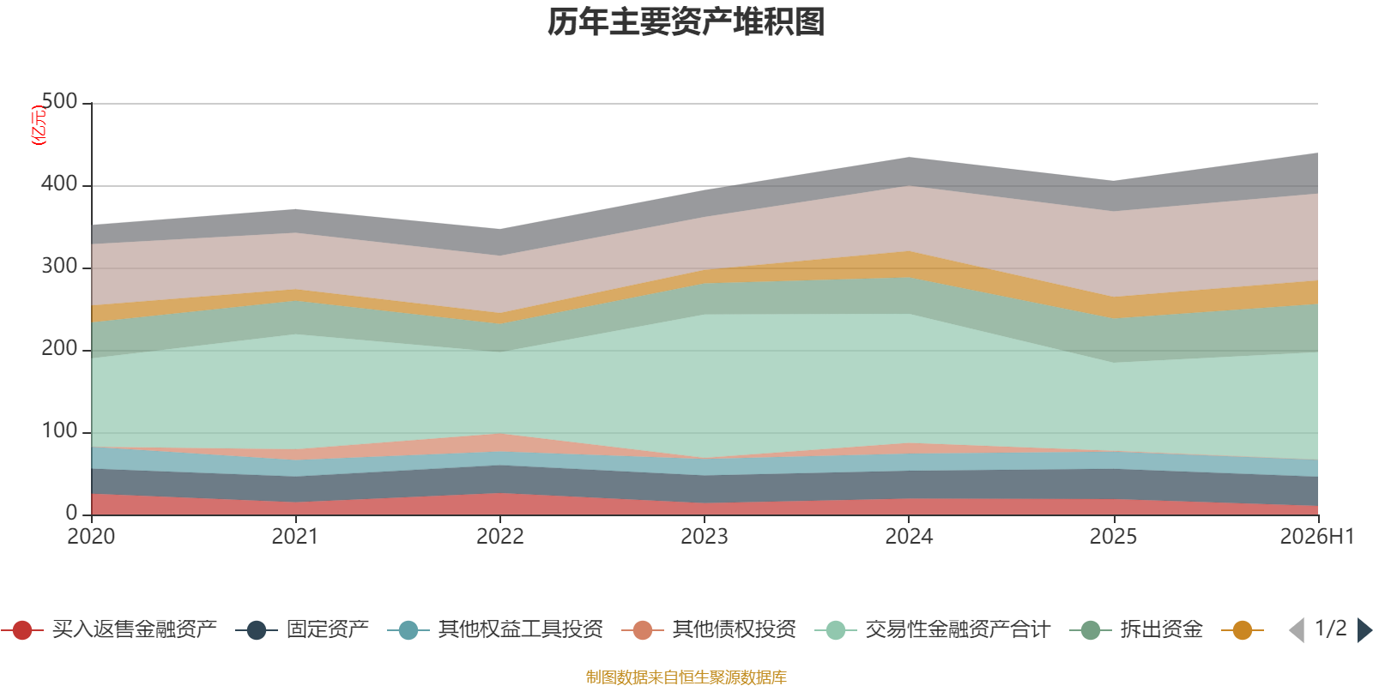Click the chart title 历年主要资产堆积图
pyautogui.click(x=686, y=22)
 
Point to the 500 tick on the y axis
pyautogui.click(x=59, y=101)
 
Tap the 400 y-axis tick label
pyautogui.click(x=59, y=184)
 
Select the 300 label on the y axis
pyautogui.click(x=59, y=266)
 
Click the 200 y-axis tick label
pyautogui.click(x=59, y=348)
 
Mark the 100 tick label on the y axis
pyautogui.click(x=59, y=430)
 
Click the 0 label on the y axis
pyautogui.click(x=72, y=513)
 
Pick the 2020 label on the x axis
pyautogui.click(x=91, y=537)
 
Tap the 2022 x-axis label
pyautogui.click(x=500, y=537)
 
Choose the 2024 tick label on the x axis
pyautogui.click(x=909, y=537)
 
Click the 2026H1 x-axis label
pyautogui.click(x=1316, y=537)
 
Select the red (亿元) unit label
pyautogui.click(x=39, y=125)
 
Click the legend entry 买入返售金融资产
pyautogui.click(x=110, y=629)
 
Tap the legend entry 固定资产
pyautogui.click(x=302, y=629)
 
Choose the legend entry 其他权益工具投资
pyautogui.click(x=496, y=629)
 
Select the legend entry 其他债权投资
pyautogui.click(x=709, y=629)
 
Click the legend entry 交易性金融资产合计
pyautogui.click(x=933, y=629)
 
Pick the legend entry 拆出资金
pyautogui.click(x=1136, y=629)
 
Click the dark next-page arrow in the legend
pyautogui.click(x=1364, y=630)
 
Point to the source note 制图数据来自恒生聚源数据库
pyautogui.click(x=686, y=677)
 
